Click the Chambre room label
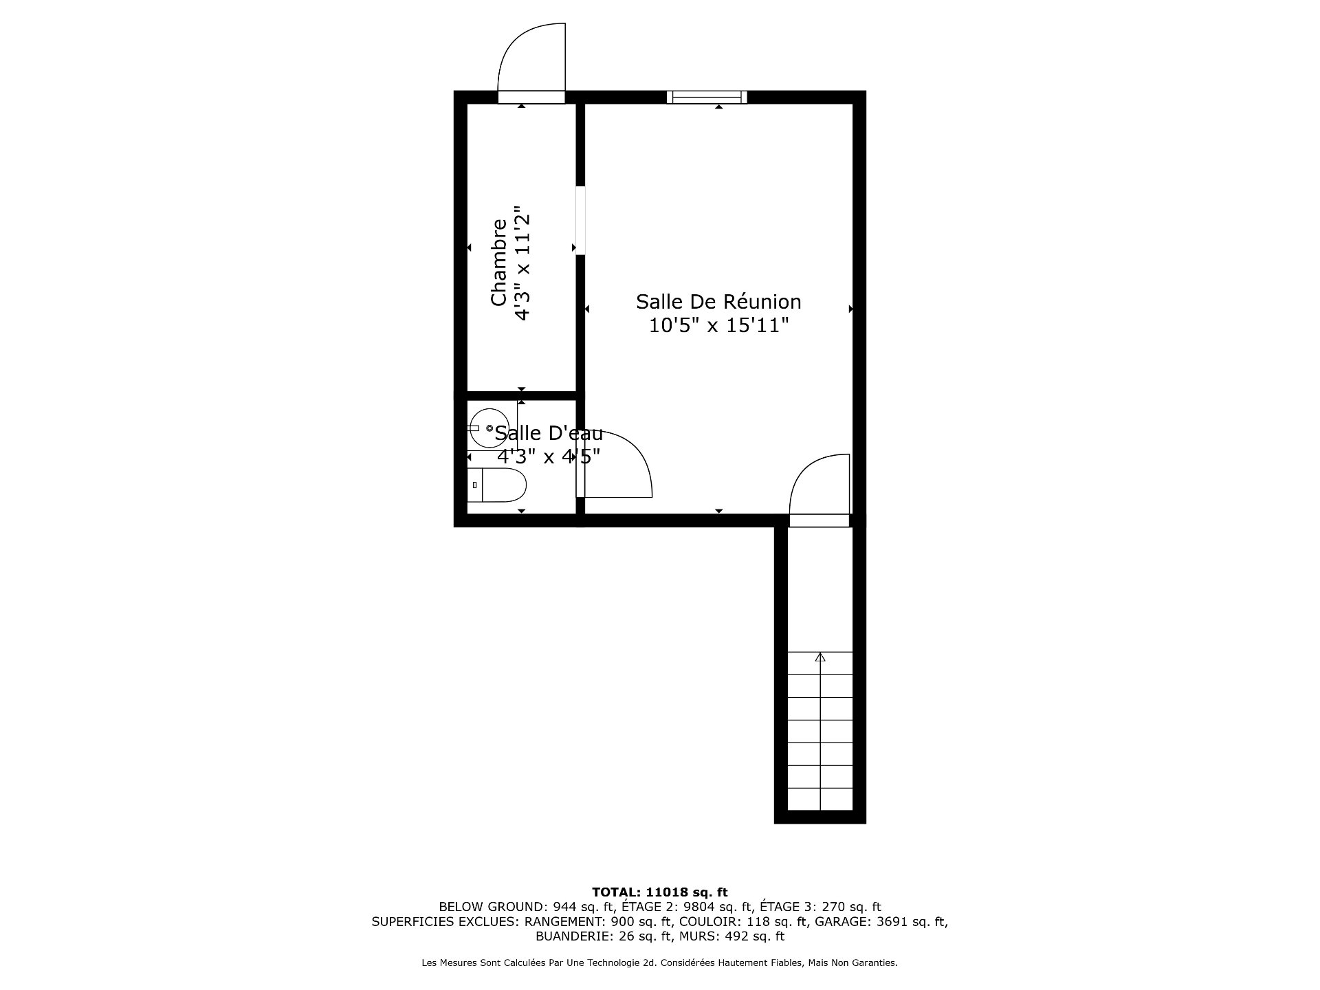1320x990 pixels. point(498,263)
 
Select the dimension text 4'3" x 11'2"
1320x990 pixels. point(523,263)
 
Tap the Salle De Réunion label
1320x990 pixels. point(718,302)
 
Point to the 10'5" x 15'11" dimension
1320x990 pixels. point(718,325)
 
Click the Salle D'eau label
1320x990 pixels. point(549,434)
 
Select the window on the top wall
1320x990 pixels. point(707,97)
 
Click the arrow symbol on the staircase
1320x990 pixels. point(819,657)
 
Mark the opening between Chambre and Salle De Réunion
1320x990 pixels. point(580,220)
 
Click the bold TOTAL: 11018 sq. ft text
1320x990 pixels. point(659,892)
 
